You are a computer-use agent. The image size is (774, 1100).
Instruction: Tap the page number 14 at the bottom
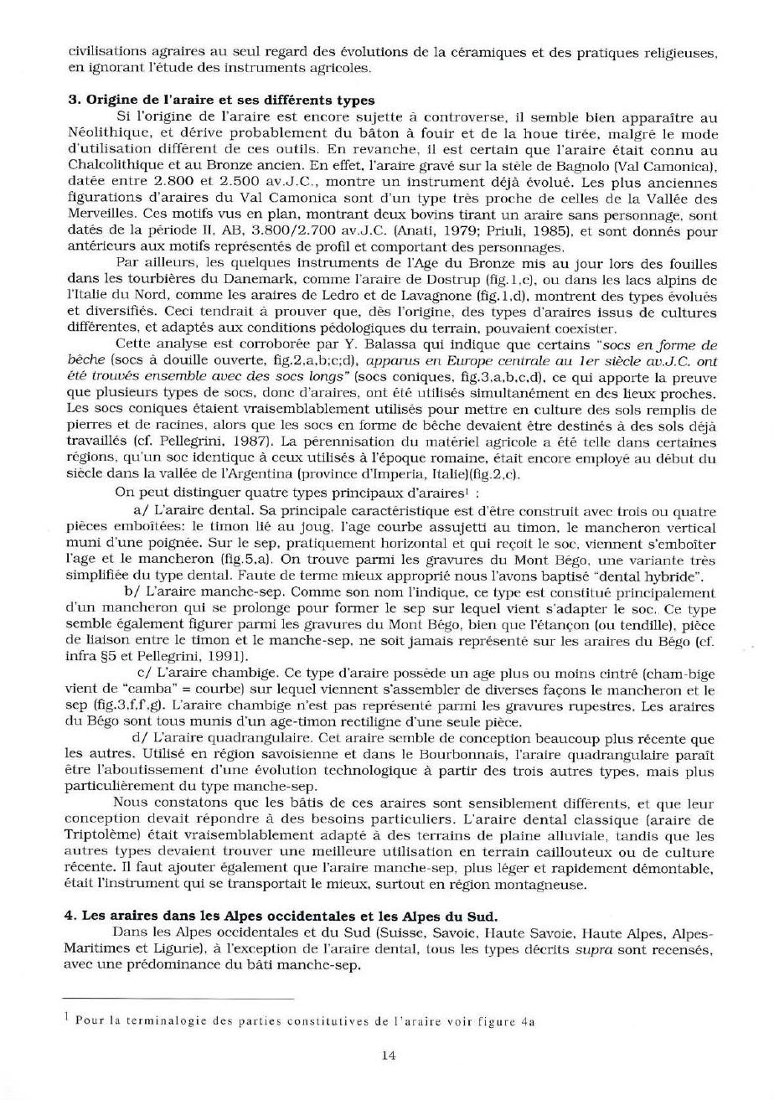coord(388,1056)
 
